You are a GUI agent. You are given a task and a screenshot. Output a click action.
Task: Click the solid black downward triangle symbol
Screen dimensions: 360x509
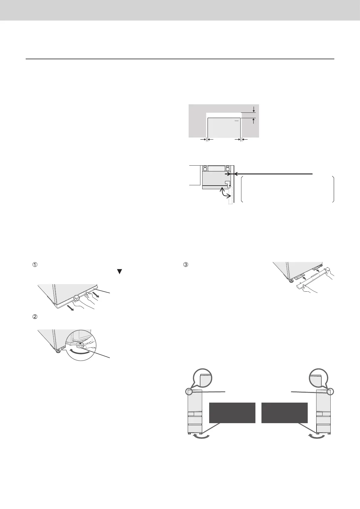coord(119,271)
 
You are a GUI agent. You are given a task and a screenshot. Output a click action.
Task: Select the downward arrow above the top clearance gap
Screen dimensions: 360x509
coord(254,109)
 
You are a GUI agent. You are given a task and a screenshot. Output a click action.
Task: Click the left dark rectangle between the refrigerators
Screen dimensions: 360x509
coord(232,413)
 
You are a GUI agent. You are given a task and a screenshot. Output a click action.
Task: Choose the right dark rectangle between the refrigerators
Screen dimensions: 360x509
coord(284,413)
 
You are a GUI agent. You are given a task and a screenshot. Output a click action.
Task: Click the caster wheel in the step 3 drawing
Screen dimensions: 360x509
coord(291,281)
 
